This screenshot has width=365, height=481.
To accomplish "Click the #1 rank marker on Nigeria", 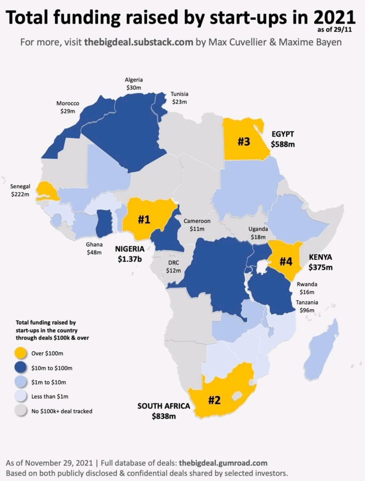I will (x=144, y=219).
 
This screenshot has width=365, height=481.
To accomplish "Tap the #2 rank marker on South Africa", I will (x=214, y=400).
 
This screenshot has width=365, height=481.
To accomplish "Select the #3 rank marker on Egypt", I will (x=244, y=142).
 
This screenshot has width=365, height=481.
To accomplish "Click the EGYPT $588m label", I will (x=283, y=139).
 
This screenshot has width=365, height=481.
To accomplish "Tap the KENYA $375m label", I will (x=320, y=262).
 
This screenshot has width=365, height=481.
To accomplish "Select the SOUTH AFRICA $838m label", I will (x=164, y=411).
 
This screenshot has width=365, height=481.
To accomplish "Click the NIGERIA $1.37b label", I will (x=130, y=254).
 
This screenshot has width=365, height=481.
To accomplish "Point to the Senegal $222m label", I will (x=21, y=190).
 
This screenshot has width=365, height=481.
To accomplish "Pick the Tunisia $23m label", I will (x=179, y=98).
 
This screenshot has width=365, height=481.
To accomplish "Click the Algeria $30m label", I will (x=134, y=83).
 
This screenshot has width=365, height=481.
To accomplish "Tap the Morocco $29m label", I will (x=67, y=107).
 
